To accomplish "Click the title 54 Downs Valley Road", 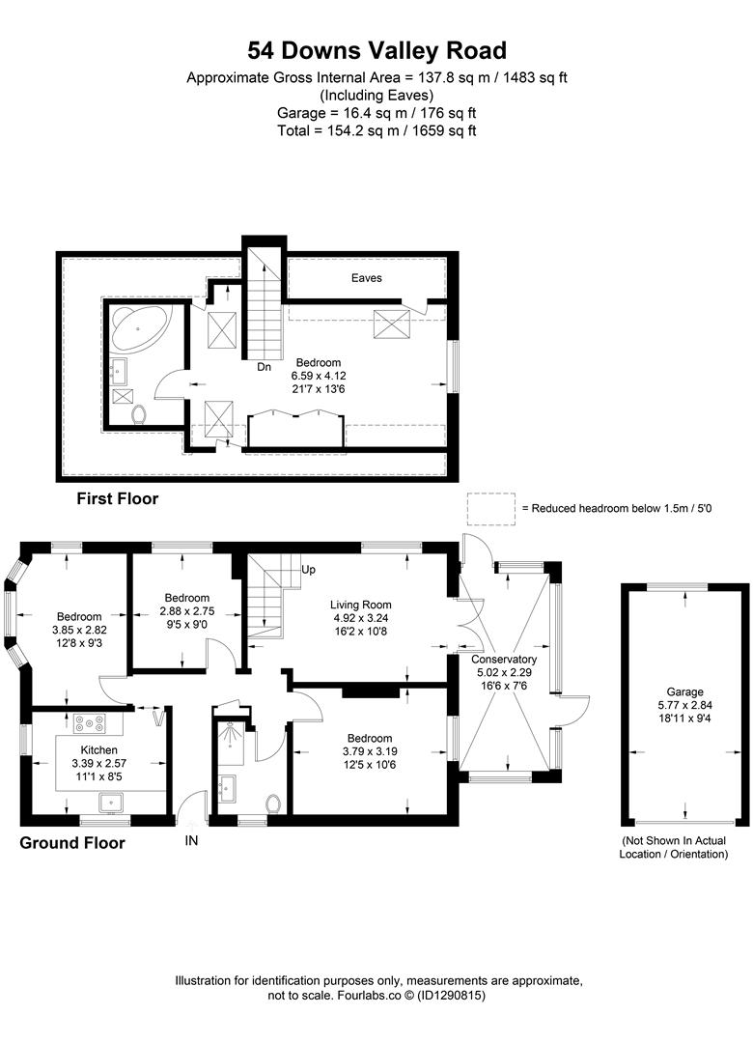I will [376, 50].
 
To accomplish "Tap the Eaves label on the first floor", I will [366, 278].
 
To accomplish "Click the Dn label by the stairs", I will [264, 367].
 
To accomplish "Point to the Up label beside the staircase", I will [309, 570].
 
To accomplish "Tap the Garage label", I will [685, 691].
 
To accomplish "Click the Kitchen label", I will [98, 750].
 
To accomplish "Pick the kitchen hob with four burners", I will [91, 723].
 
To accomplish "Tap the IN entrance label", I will [191, 841].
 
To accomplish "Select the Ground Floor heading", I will [72, 843].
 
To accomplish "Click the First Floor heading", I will [118, 499].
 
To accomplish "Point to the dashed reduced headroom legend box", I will [491, 507].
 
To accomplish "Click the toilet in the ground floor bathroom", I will [273, 803].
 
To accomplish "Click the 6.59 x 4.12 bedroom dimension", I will [318, 377].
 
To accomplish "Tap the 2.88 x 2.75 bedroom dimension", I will [186, 610].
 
